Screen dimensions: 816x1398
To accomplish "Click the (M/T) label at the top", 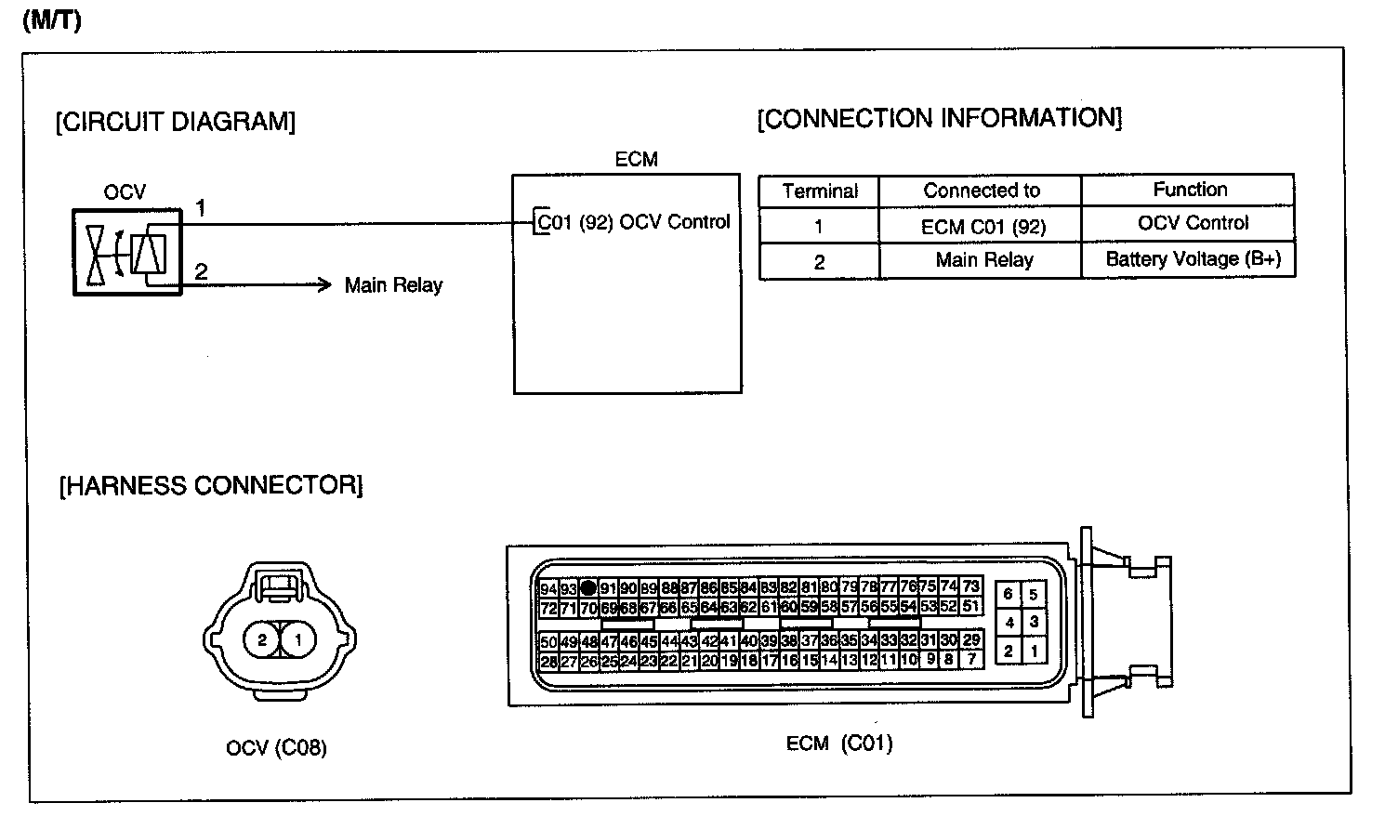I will [52, 21].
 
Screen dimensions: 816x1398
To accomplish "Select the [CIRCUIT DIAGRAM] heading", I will [176, 122].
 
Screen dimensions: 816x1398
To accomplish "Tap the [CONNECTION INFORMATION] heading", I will [940, 118].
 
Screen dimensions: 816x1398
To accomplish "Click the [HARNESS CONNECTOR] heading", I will [211, 485].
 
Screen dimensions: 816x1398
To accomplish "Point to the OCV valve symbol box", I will [127, 253].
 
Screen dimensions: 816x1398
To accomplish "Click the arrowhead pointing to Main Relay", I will [324, 284].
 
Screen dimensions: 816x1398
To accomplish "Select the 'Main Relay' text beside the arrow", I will [393, 285].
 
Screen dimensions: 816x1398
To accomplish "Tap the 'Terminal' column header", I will [820, 191].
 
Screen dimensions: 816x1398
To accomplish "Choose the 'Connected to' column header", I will [982, 191].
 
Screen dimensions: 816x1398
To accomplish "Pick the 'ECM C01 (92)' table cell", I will [983, 227].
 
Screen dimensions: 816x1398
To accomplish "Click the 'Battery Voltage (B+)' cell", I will [1193, 259].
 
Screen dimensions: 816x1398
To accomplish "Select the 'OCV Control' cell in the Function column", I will [1193, 223].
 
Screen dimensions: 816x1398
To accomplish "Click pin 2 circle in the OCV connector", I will [262, 639].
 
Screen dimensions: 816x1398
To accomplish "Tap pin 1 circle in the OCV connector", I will [298, 639].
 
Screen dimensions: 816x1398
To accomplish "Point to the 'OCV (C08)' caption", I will [276, 747].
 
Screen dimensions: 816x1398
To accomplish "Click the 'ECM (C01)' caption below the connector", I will [838, 744].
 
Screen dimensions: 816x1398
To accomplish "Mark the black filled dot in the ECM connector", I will [588, 588].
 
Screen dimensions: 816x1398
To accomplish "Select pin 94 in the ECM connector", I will [548, 588].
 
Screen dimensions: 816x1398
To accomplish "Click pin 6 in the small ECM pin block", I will [1008, 594].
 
